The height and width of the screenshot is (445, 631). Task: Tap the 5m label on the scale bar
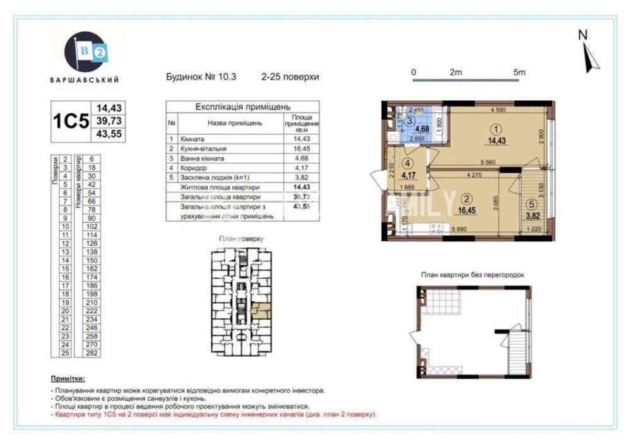click(x=519, y=72)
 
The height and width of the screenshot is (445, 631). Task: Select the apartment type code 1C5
click(x=70, y=121)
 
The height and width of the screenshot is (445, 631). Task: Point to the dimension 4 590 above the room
click(x=499, y=110)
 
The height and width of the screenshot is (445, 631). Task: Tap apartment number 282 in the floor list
click(x=91, y=354)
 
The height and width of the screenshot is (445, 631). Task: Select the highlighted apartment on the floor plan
click(x=260, y=309)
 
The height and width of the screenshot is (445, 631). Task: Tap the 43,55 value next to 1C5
click(x=109, y=134)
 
